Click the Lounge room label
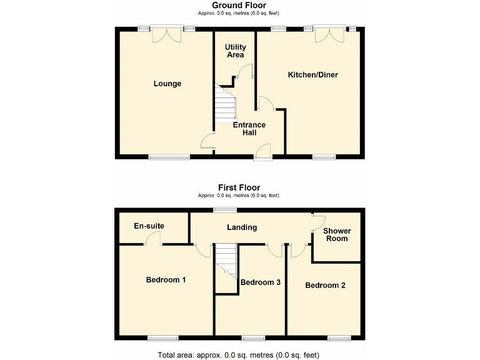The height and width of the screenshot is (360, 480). (x=167, y=84)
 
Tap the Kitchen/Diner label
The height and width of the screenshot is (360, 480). (x=312, y=75)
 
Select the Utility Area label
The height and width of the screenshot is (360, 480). (x=235, y=51)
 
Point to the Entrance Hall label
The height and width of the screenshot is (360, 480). (x=249, y=129)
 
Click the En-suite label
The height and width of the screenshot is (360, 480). (x=149, y=226)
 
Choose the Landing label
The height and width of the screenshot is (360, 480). (x=241, y=227)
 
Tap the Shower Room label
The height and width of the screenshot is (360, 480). (x=337, y=234)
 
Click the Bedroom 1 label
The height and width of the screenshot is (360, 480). (x=166, y=279)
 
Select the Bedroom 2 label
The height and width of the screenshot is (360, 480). (x=325, y=285)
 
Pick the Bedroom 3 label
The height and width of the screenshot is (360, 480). (x=260, y=282)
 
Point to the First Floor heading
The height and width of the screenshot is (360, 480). (x=239, y=187)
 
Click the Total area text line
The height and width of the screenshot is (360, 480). (x=239, y=354)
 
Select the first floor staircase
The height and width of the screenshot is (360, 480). (x=227, y=262)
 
